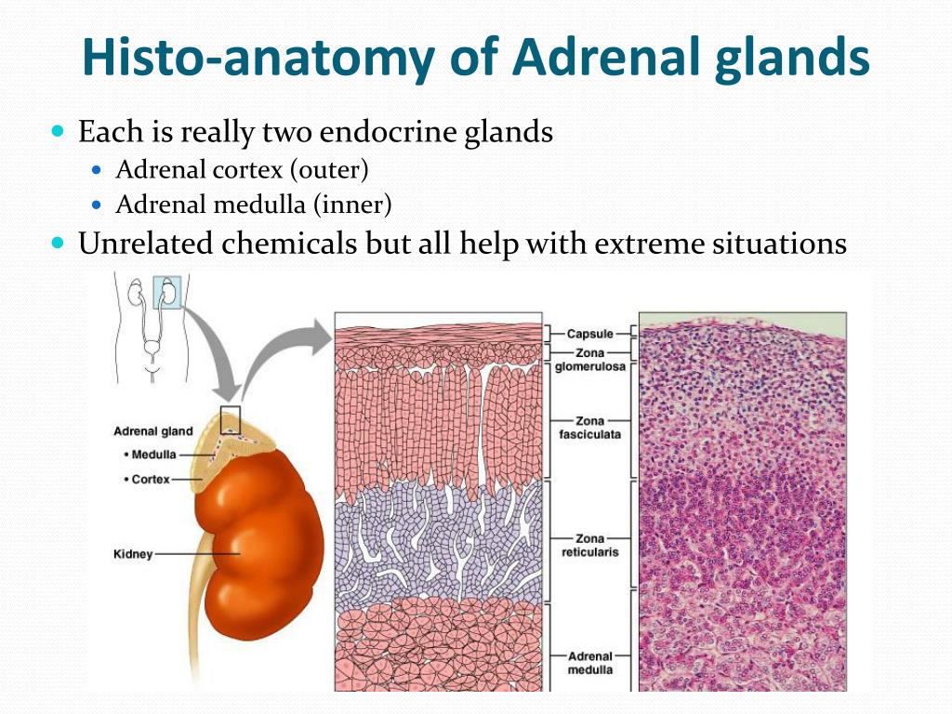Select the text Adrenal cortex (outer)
click(x=242, y=170)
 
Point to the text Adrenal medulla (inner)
click(x=253, y=205)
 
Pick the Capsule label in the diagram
click(x=589, y=334)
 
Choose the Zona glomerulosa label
click(x=589, y=360)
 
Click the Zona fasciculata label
click(x=589, y=428)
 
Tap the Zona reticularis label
click(x=589, y=545)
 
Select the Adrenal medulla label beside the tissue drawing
click(x=589, y=663)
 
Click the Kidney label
click(x=133, y=554)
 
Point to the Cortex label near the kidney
click(x=147, y=480)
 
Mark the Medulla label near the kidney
click(x=150, y=455)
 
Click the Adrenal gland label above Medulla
click(x=153, y=431)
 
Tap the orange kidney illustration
click(x=260, y=547)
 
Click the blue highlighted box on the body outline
click(x=167, y=293)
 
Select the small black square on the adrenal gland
click(x=231, y=420)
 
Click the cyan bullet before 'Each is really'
click(x=58, y=130)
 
